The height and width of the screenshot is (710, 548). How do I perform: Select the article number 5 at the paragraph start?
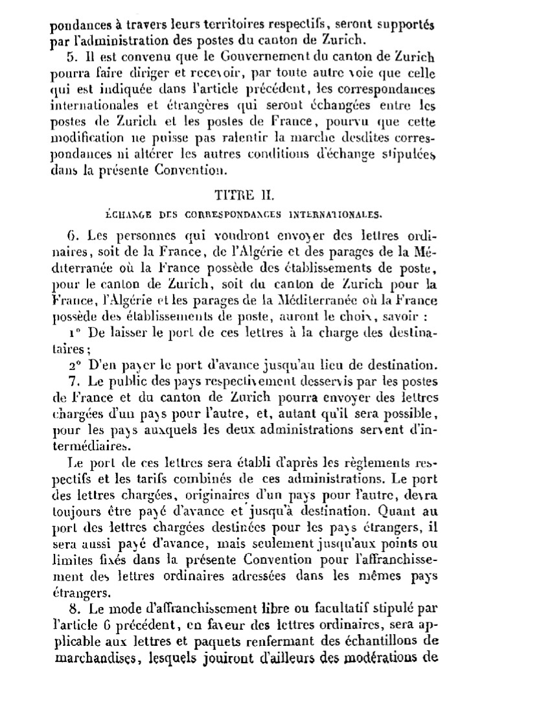click(x=71, y=54)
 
